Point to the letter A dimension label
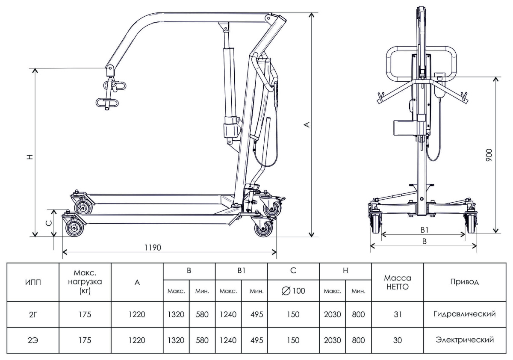click(x=306, y=124)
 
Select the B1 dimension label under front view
click(x=424, y=230)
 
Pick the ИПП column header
click(x=32, y=283)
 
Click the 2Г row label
click(x=32, y=315)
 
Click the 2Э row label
click(x=32, y=340)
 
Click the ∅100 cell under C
click(x=293, y=291)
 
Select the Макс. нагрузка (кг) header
click(x=85, y=283)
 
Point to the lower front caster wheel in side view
click(x=75, y=228)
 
